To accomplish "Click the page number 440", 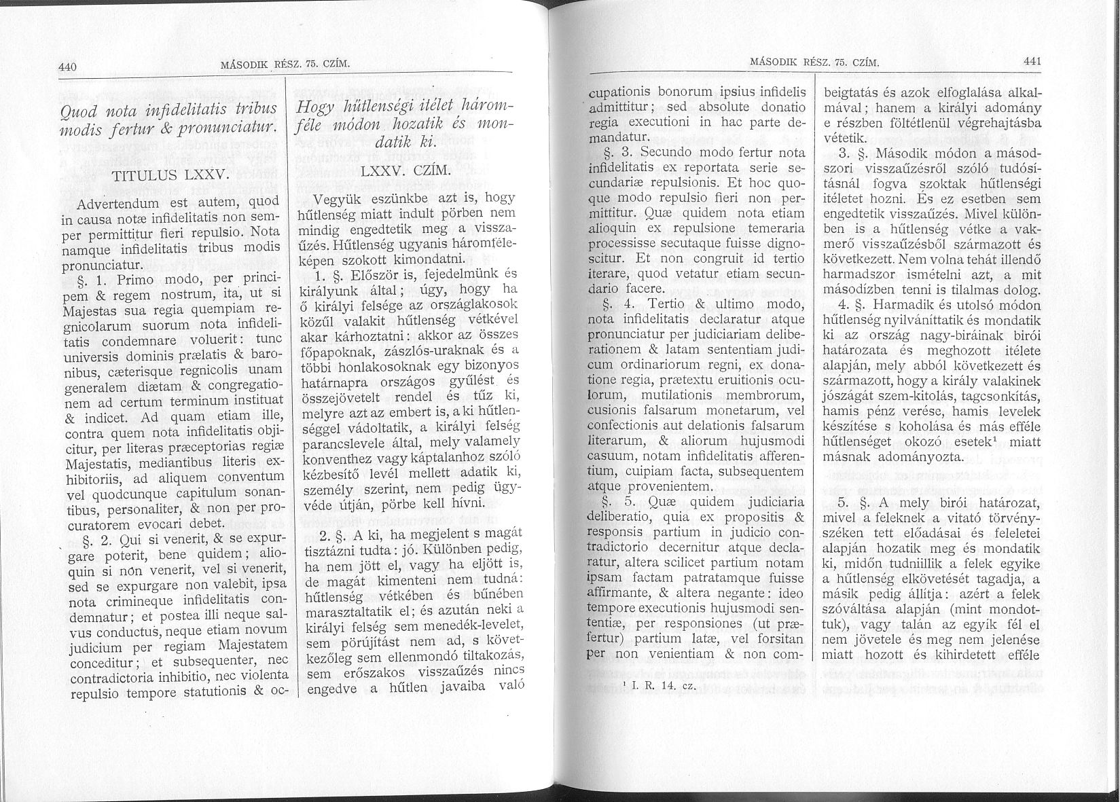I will (69, 67).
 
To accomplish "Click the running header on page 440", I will (285, 65).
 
